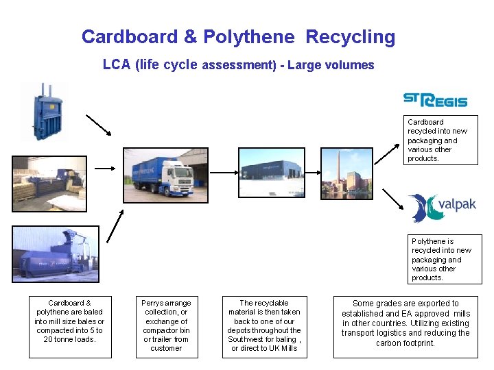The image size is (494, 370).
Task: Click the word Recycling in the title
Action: pos(350,37)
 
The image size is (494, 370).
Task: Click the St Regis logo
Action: pos(435,100)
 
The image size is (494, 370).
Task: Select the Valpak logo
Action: pos(442,208)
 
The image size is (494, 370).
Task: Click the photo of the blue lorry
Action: pos(165,175)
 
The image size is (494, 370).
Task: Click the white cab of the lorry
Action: pos(180,180)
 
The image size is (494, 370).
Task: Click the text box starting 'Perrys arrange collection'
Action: pos(166,325)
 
